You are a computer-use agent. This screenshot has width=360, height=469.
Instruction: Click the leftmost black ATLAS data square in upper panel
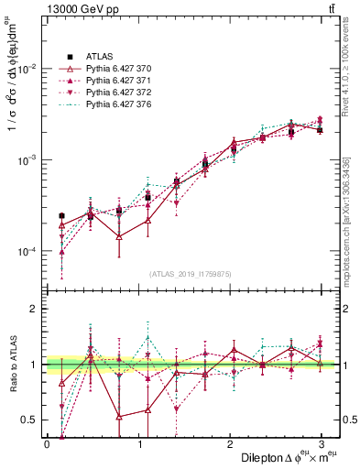point(61,216)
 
